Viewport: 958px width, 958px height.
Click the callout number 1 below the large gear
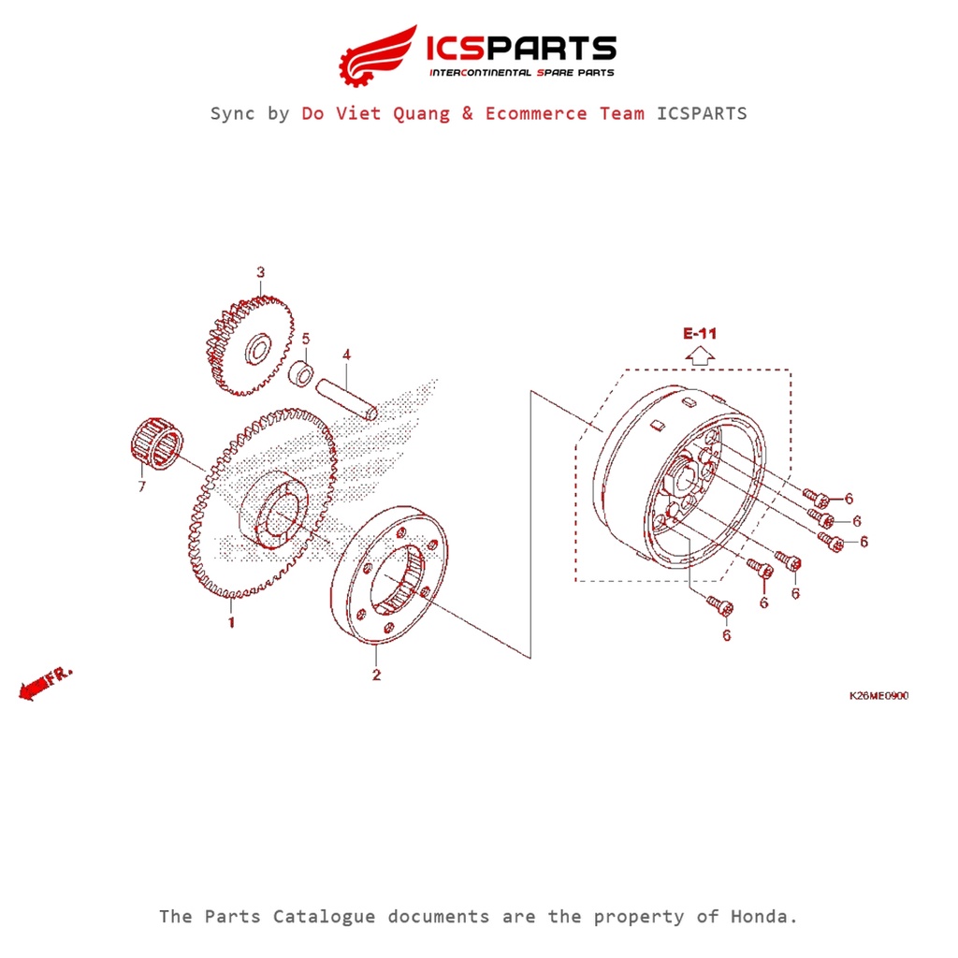pos(231,622)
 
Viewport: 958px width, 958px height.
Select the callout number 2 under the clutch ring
pos(376,675)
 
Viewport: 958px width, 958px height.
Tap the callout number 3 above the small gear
pos(261,272)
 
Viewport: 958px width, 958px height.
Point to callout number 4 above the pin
pos(346,355)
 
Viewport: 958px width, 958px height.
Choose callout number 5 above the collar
pos(305,338)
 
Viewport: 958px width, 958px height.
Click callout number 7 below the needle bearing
pos(141,486)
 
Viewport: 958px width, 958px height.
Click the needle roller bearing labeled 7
pos(156,443)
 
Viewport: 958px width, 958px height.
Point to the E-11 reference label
pos(700,333)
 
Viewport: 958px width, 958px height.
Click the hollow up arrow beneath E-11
pos(700,355)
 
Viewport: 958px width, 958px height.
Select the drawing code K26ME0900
pos(878,696)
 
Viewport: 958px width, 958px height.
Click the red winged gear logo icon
pos(378,53)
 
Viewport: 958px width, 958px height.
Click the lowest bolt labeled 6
pos(719,606)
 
